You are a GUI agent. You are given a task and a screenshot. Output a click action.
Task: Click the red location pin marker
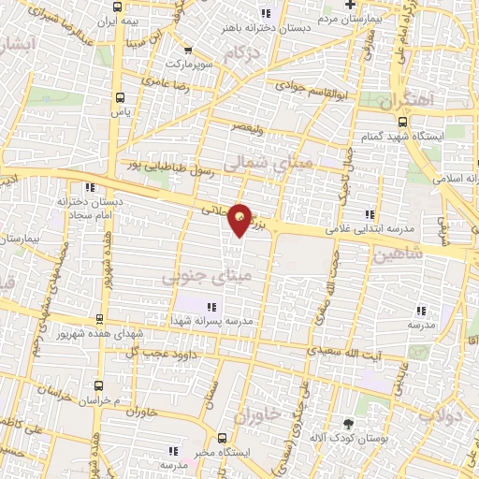[x=240, y=218]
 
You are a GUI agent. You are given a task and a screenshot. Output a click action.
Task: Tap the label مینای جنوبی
[x=207, y=278]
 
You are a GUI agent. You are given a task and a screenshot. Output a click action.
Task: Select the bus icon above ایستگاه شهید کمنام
[x=402, y=121]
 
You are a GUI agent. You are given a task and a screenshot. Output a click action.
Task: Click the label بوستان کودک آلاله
[x=353, y=437]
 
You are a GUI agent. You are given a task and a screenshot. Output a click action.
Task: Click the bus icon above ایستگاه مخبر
[x=222, y=438]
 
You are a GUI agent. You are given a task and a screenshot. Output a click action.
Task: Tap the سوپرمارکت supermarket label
[x=191, y=64]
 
